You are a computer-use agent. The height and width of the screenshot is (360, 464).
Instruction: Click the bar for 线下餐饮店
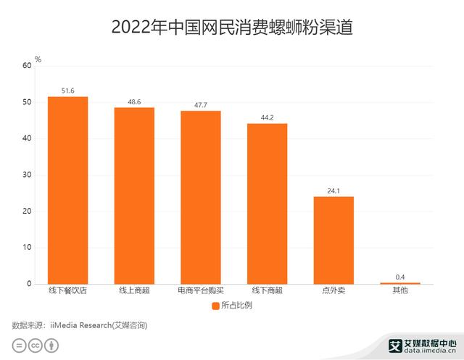pyautogui.click(x=67, y=190)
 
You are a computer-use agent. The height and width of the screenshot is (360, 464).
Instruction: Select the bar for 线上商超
pyautogui.click(x=134, y=196)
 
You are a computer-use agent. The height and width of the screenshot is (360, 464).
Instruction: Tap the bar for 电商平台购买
pyautogui.click(x=201, y=197)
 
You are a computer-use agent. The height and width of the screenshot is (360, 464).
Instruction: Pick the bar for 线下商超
pyautogui.click(x=267, y=204)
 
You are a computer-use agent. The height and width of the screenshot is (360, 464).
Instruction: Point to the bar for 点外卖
pyautogui.click(x=333, y=240)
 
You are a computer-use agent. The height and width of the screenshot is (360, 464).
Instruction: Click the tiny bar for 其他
pyautogui.click(x=400, y=282)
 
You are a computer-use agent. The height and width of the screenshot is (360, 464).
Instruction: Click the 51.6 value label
pyautogui.click(x=68, y=91)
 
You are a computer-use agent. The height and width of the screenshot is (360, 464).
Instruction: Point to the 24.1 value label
pyautogui.click(x=333, y=191)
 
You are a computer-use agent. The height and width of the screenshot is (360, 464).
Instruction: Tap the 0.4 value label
pyautogui.click(x=400, y=277)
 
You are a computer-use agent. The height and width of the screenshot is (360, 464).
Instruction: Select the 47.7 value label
pyautogui.click(x=201, y=105)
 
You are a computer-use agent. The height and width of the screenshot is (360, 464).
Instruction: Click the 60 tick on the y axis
pyautogui.click(x=27, y=66)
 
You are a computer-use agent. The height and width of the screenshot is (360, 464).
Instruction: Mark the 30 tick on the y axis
pyautogui.click(x=27, y=175)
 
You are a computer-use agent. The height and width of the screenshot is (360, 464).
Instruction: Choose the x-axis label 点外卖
pyautogui.click(x=333, y=291)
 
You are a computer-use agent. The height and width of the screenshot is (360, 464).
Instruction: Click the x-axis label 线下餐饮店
pyautogui.click(x=67, y=291)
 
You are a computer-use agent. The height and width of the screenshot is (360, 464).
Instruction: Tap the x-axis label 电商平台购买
pyautogui.click(x=201, y=291)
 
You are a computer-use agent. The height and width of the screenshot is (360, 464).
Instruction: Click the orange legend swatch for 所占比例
pyautogui.click(x=215, y=306)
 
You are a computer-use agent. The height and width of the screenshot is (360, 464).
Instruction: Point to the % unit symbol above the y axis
pyautogui.click(x=38, y=59)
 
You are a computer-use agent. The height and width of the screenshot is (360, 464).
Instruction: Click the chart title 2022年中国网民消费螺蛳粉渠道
pyautogui.click(x=231, y=28)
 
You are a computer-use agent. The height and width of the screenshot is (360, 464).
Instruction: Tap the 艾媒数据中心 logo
pyautogui.click(x=423, y=346)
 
